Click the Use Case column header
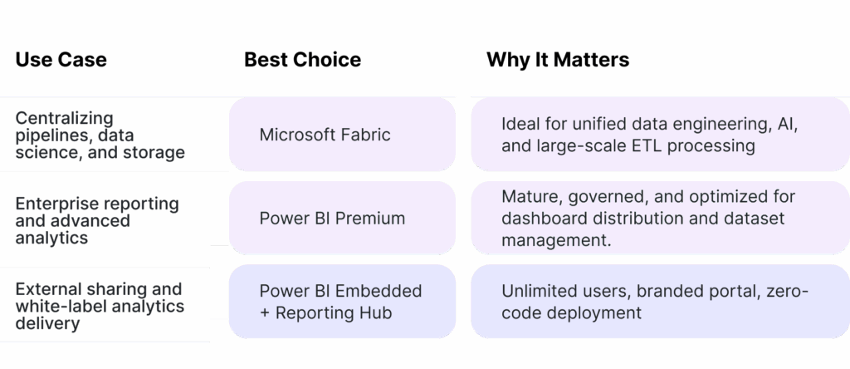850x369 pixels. click(x=61, y=60)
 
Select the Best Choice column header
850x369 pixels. click(x=302, y=60)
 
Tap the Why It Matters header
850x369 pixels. click(x=557, y=60)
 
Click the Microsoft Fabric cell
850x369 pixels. click(x=342, y=135)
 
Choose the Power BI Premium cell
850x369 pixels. click(x=342, y=219)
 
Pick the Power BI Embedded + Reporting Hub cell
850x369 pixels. click(x=342, y=302)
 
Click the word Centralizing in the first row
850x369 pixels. click(x=64, y=118)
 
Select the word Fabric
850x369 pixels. click(x=364, y=135)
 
